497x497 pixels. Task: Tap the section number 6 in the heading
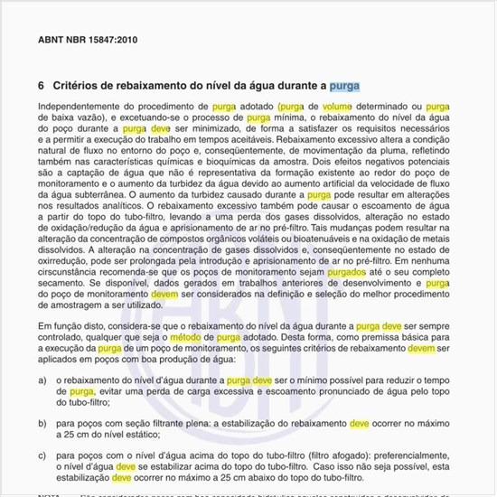[42, 87]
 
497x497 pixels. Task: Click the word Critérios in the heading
[76, 87]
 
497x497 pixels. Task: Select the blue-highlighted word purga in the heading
[344, 87]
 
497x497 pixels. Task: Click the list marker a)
[43, 381]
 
